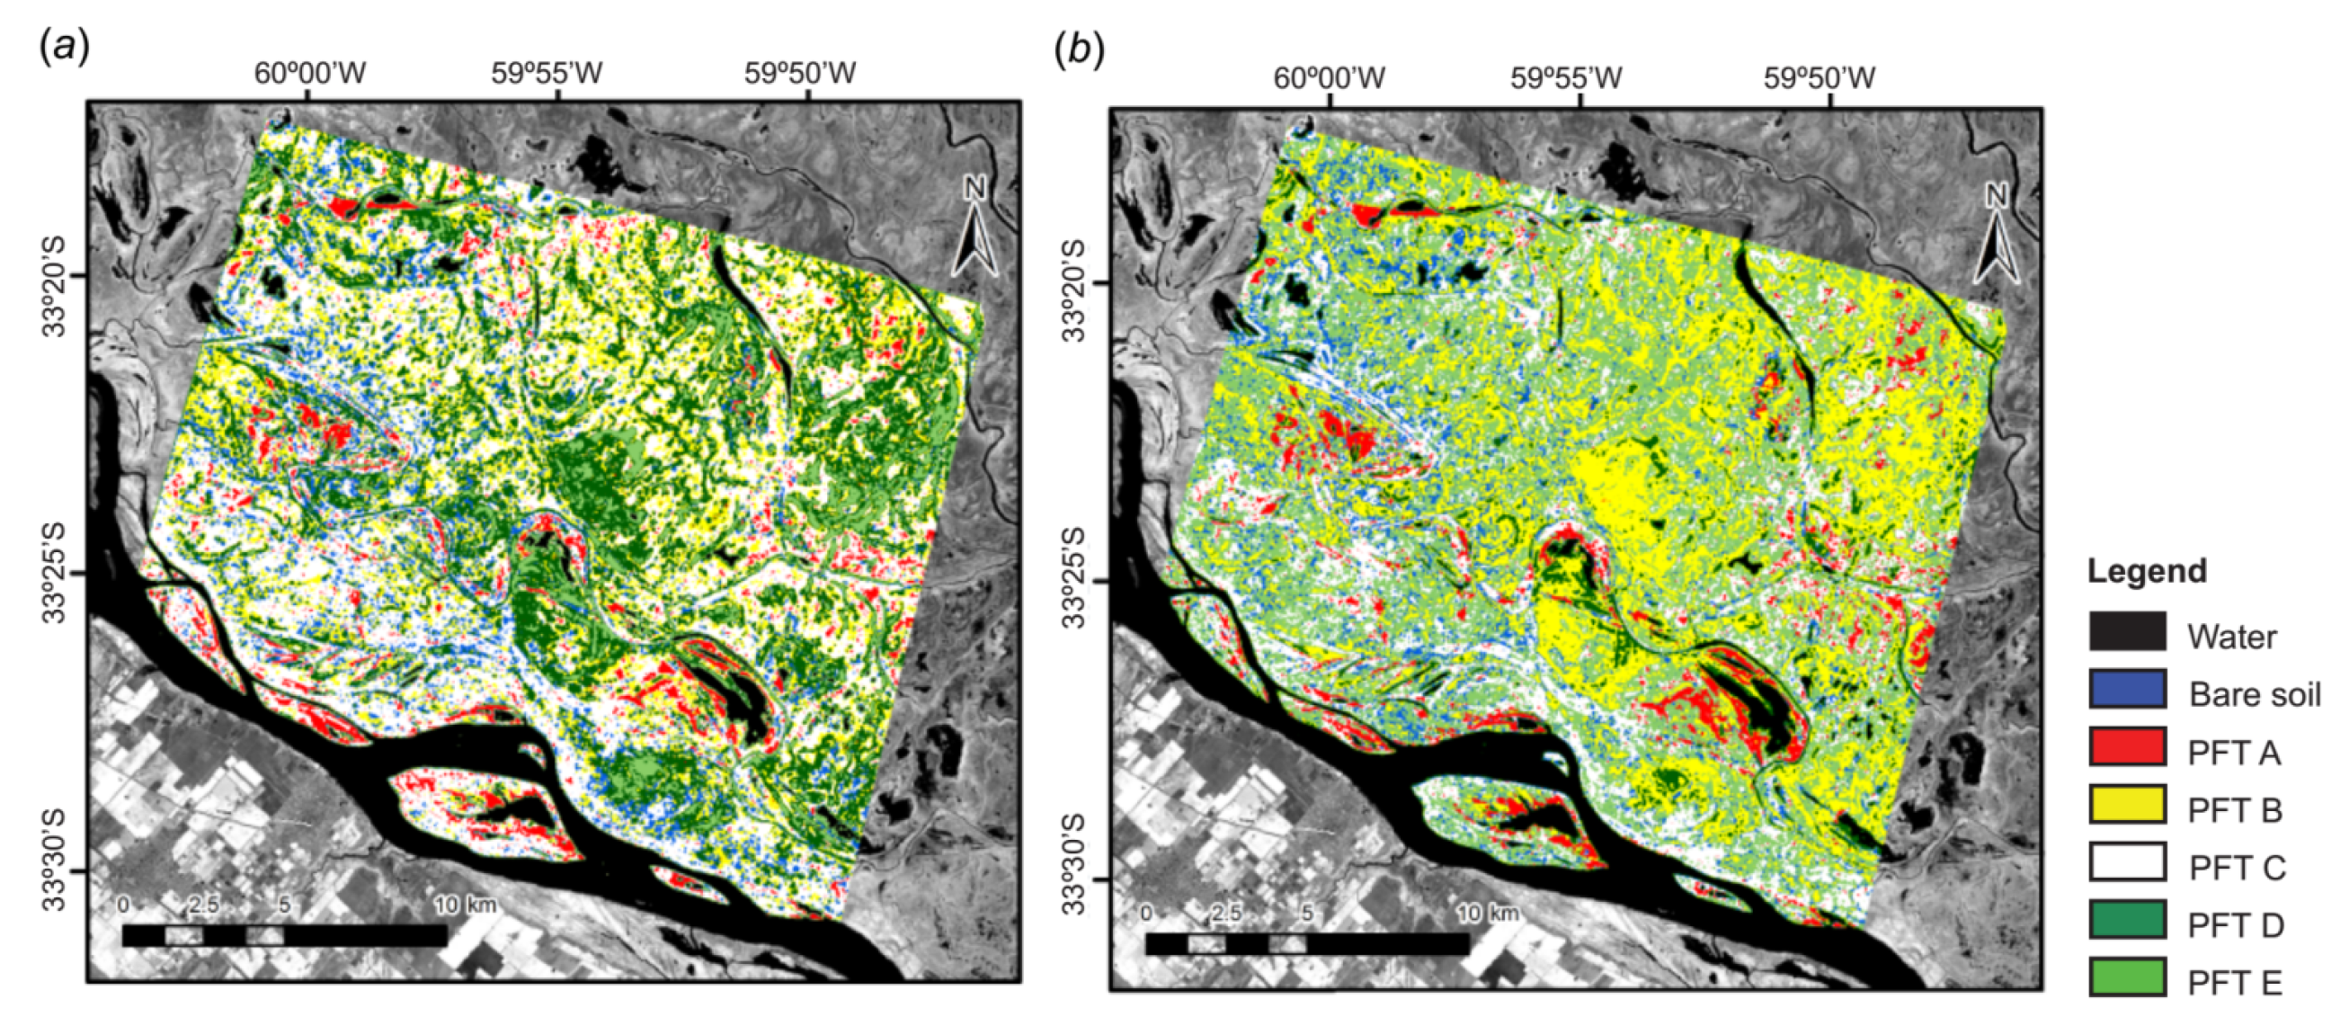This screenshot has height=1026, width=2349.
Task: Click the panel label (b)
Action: coord(1079,50)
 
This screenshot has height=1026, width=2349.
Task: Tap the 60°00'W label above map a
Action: coord(309,73)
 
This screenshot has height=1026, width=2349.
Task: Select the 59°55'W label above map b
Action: coord(1566,78)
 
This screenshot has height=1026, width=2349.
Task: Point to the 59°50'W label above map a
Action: coord(800,73)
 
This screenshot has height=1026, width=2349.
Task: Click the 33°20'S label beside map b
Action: coord(1077,291)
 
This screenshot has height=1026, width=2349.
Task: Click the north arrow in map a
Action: coord(976,228)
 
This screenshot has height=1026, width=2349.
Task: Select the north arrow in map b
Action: coord(1997,234)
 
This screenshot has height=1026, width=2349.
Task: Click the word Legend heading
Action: coord(2147,571)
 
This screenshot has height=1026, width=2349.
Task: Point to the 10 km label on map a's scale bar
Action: coord(464,905)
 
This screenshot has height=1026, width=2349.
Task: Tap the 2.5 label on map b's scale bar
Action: coord(1226,912)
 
